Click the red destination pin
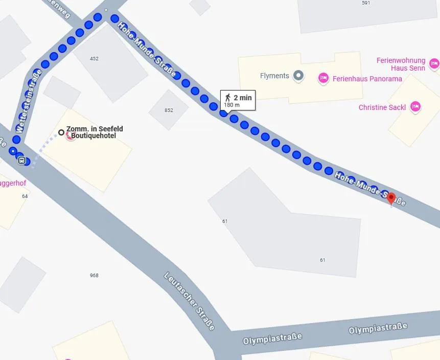click(391, 198)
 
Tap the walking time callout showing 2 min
click(238, 101)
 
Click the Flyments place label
click(274, 76)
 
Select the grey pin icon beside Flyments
click(298, 76)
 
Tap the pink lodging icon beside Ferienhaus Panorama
click(323, 78)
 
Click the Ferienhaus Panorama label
click(367, 79)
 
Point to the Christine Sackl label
click(382, 107)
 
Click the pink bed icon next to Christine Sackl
click(415, 106)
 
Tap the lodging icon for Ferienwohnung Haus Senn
click(434, 63)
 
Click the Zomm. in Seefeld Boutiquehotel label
click(95, 132)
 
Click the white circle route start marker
click(61, 132)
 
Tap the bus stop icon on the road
click(21, 160)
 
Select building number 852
click(169, 110)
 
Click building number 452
click(94, 59)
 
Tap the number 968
click(94, 276)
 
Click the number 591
click(365, 3)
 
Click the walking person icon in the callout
click(228, 98)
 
